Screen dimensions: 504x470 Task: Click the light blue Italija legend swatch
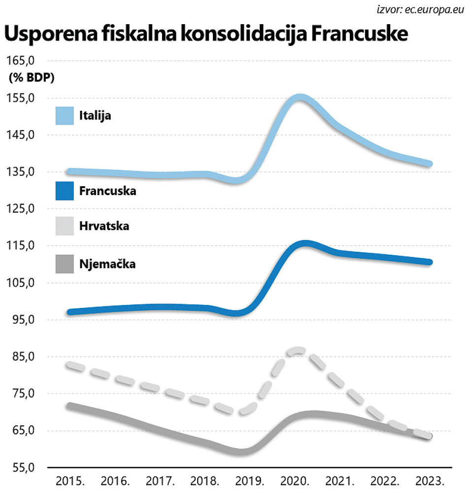pyautogui.click(x=64, y=116)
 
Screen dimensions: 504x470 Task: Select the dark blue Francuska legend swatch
pyautogui.click(x=64, y=191)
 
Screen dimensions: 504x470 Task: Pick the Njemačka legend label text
pyautogui.click(x=107, y=264)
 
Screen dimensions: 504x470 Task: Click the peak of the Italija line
pyautogui.click(x=300, y=98)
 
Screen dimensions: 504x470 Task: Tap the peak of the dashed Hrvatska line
pyautogui.click(x=299, y=350)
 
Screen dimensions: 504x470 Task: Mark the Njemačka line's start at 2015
pyautogui.click(x=70, y=406)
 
